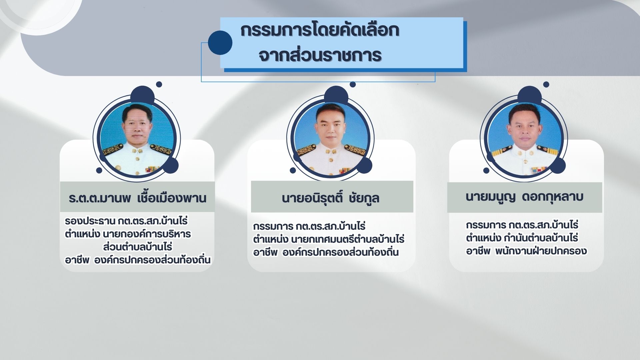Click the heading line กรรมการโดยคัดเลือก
coord(320,31)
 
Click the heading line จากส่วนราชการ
coord(320,55)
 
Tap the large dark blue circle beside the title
coord(220,43)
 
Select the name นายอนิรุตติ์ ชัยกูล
coord(330,198)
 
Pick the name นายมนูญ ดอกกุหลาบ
coord(524,197)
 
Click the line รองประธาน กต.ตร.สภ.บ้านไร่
coord(126,221)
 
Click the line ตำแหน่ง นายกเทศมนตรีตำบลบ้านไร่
coord(329,239)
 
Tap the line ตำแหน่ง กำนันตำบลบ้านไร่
coord(522,238)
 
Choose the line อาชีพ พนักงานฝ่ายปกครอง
coord(526,251)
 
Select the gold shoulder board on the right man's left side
coord(501,153)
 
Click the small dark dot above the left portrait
coord(159,84)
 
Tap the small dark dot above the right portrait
coord(546,84)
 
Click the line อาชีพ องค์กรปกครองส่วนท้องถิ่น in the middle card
coord(326,252)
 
